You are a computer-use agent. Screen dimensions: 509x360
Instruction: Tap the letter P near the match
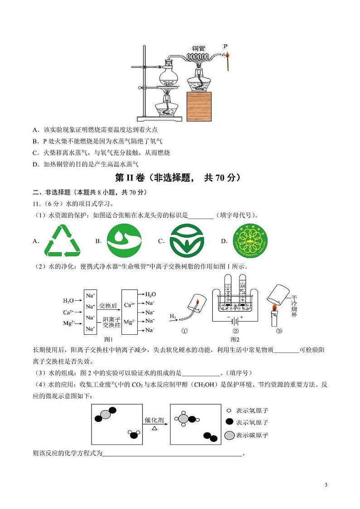pyautogui.click(x=225, y=46)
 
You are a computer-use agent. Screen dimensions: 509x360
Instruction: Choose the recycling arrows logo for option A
pyautogui.click(x=62, y=241)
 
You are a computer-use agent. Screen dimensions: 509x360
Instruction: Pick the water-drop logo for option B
pyautogui.click(x=124, y=241)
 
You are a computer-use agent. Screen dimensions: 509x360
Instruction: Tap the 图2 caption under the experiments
pyautogui.click(x=235, y=339)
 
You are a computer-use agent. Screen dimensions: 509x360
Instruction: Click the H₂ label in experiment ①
pyautogui.click(x=173, y=316)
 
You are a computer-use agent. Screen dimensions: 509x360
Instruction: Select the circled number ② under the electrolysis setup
pyautogui.click(x=235, y=330)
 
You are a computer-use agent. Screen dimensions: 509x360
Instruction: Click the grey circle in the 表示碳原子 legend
pyautogui.click(x=229, y=436)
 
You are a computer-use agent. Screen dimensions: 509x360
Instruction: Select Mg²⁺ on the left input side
pyautogui.click(x=68, y=323)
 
